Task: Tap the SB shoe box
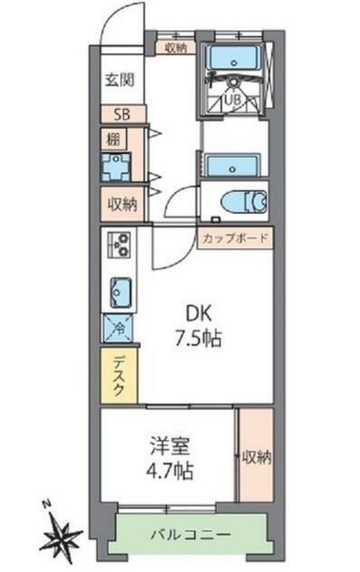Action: (x=123, y=114)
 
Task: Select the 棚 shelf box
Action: (x=113, y=139)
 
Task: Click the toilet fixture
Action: (x=244, y=201)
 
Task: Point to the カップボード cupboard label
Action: (x=235, y=239)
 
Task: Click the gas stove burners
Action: (x=119, y=244)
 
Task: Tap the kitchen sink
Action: (x=121, y=293)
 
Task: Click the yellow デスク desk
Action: (x=119, y=376)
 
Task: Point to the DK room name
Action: (x=198, y=313)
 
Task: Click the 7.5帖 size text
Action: (x=198, y=339)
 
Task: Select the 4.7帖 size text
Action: (x=170, y=471)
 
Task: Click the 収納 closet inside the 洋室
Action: (x=257, y=456)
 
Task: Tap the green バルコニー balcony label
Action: (x=191, y=535)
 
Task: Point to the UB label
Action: (x=233, y=99)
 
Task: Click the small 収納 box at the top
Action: (x=176, y=48)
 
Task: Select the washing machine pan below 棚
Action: (x=116, y=168)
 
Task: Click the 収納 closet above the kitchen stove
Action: (x=123, y=203)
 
